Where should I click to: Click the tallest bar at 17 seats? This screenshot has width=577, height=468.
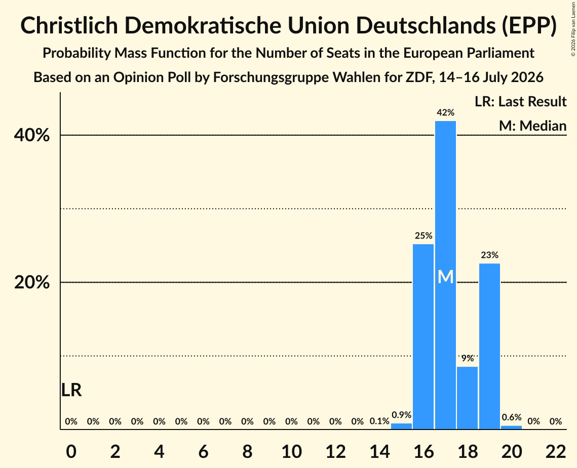click(x=445, y=275)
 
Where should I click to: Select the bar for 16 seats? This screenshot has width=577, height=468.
click(x=423, y=337)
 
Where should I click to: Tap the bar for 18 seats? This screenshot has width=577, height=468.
click(x=468, y=398)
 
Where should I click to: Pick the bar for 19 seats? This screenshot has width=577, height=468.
click(x=489, y=346)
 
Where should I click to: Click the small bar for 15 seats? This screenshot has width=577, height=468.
click(x=401, y=426)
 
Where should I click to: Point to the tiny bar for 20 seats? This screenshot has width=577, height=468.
click(x=512, y=427)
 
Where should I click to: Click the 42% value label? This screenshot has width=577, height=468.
click(x=446, y=112)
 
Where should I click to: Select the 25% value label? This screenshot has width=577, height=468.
click(x=424, y=236)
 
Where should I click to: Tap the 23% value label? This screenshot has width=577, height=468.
click(x=490, y=255)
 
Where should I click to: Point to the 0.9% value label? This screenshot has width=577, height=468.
click(x=402, y=415)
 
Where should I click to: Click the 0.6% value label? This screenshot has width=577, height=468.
click(x=512, y=417)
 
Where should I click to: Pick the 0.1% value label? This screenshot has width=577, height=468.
click(x=379, y=421)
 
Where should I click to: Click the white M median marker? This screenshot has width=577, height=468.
click(x=446, y=277)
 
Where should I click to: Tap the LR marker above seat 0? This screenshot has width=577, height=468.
click(x=71, y=390)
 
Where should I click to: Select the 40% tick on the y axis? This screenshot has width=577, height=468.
click(x=31, y=135)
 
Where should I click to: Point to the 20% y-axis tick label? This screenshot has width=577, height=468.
click(x=31, y=283)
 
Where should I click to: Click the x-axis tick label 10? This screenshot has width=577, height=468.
click(x=291, y=451)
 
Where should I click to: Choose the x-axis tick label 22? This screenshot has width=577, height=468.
click(x=556, y=451)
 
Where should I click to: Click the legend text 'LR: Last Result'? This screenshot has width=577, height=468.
click(x=521, y=101)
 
